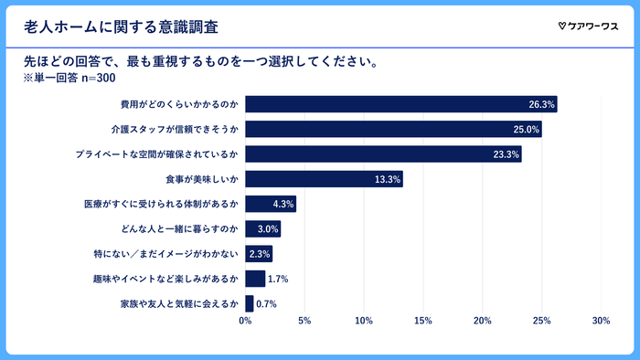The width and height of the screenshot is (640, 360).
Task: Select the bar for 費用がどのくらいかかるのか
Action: [x=400, y=104]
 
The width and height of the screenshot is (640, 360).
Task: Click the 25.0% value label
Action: [x=528, y=130]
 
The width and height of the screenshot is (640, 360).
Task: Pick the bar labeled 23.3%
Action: [x=383, y=154]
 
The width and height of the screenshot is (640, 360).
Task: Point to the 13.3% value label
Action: [x=388, y=179]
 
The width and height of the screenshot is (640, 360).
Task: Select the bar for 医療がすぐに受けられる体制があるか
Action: [x=271, y=204]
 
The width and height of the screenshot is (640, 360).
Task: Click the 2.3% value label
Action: [x=260, y=254]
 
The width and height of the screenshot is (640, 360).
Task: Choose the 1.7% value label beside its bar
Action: [x=278, y=279]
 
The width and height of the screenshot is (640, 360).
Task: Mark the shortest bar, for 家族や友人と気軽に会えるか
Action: [x=249, y=303]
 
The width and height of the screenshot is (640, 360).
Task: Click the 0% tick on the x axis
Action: [x=245, y=322]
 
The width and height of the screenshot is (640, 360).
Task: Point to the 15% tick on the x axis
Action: [x=423, y=322]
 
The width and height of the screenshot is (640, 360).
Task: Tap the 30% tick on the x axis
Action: [x=601, y=322]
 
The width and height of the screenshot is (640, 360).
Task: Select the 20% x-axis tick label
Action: [x=483, y=322]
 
